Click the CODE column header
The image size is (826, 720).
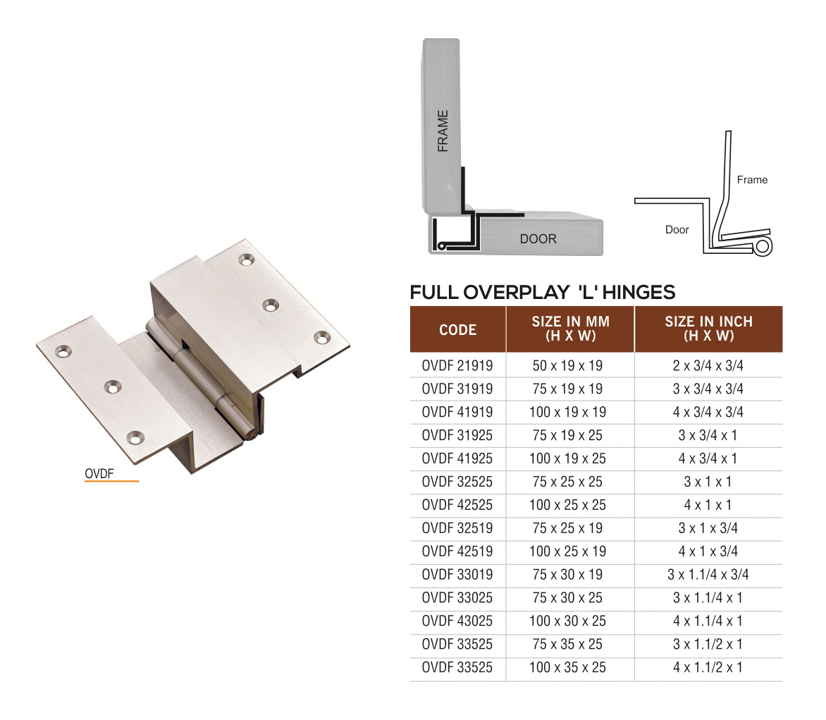(457, 329)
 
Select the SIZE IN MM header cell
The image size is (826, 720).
(570, 329)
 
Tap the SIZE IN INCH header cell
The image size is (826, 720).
(708, 329)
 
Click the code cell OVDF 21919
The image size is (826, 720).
(457, 365)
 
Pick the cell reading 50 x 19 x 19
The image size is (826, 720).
(567, 365)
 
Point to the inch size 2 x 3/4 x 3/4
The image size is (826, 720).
(708, 365)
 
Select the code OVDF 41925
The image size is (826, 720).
(457, 458)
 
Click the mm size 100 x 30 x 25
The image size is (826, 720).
(567, 621)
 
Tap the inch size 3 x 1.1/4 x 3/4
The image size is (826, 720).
(708, 575)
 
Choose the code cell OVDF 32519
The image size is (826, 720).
(457, 528)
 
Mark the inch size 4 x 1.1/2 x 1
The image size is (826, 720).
(708, 667)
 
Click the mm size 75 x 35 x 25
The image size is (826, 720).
(567, 644)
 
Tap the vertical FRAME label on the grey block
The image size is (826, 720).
(443, 130)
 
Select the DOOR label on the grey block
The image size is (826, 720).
(538, 239)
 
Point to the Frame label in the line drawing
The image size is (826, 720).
(752, 180)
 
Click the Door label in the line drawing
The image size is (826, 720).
(677, 230)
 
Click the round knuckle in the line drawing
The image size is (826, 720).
(763, 246)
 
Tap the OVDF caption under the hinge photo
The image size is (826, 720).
(99, 474)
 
